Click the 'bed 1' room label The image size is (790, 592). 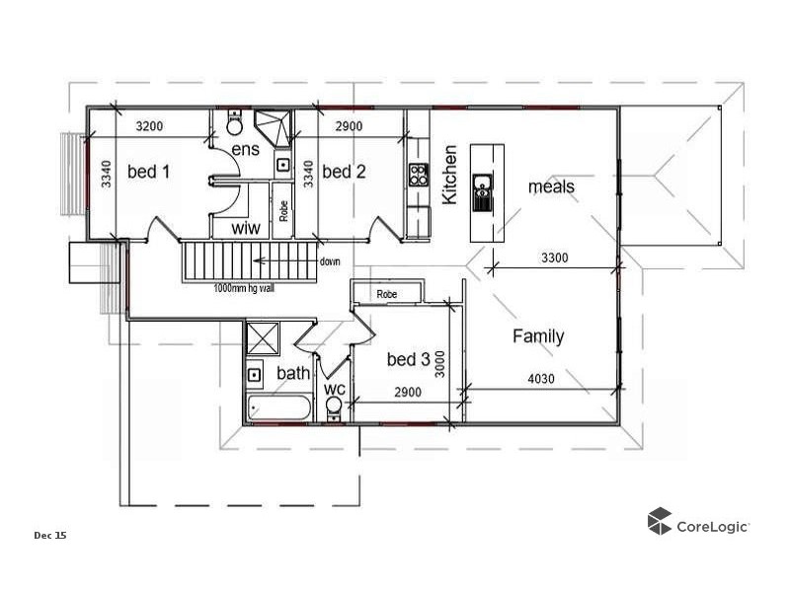point(148,172)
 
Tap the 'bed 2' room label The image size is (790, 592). point(344,172)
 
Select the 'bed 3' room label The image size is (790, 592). point(407,359)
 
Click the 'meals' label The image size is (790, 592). point(551,186)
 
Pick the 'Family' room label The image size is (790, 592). point(538,336)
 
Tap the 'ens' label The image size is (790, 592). point(245,149)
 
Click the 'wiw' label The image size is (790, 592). point(245,228)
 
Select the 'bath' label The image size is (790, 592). point(292,373)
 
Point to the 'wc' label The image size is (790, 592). point(335,389)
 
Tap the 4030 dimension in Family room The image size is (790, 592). point(542,378)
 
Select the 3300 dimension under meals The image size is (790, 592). point(554,258)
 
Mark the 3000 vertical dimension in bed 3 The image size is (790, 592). point(441,368)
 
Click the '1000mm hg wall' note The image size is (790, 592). point(245,289)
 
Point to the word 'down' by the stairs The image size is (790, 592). point(330,261)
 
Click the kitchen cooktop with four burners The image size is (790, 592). point(419,176)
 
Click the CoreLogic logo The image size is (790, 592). point(698,524)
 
